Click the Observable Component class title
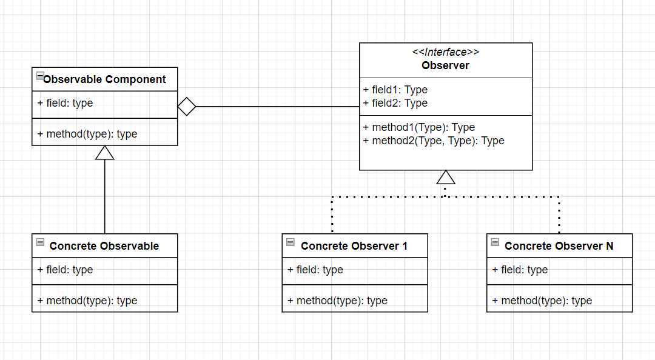click(x=104, y=79)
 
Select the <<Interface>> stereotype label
click(x=446, y=52)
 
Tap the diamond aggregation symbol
click(x=186, y=107)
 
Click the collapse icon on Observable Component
click(x=40, y=76)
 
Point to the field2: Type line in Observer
click(x=395, y=103)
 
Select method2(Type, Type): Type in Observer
click(x=434, y=141)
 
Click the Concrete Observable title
click(x=104, y=246)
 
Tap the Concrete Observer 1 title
click(x=354, y=246)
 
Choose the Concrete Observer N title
click(x=559, y=246)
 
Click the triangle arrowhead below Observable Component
click(x=105, y=153)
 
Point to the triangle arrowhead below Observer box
click(x=446, y=177)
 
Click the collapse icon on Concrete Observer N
click(x=495, y=242)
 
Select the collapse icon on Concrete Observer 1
click(x=291, y=242)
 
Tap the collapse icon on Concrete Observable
click(x=40, y=242)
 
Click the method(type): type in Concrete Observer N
click(x=542, y=301)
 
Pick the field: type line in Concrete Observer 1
click(x=315, y=270)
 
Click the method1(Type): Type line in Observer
click(x=418, y=127)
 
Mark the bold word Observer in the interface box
click(x=446, y=65)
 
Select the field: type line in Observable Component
click(x=65, y=103)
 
